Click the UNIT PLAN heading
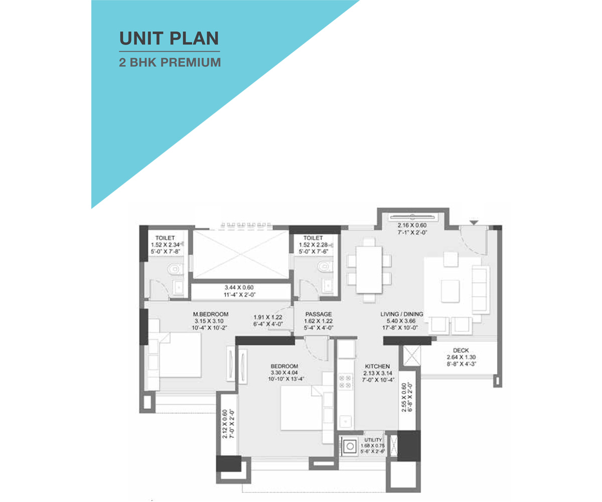169,38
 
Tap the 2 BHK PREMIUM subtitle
170,62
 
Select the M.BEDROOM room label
211,314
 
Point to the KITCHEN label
377,366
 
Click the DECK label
461,350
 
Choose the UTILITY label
373,440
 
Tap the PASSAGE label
318,314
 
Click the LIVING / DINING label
402,314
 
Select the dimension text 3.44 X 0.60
239,287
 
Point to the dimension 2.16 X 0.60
412,225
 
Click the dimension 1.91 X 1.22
268,317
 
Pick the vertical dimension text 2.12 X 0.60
225,424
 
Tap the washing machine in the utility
350,446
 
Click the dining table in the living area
369,270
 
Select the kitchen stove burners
345,382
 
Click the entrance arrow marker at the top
474,223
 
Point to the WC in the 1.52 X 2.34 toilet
175,270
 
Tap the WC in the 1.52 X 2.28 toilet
325,266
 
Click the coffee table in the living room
450,291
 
